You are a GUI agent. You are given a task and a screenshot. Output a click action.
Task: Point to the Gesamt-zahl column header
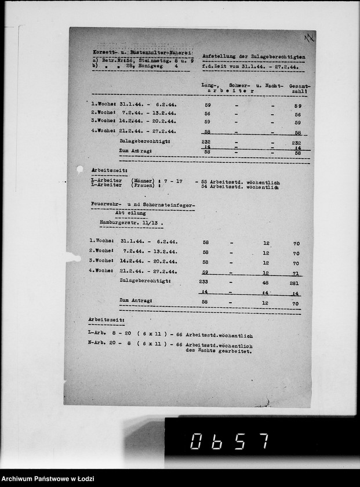299,89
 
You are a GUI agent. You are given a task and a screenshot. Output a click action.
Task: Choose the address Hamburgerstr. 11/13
127,223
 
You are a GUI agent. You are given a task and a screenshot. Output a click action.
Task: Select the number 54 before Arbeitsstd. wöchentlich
203,187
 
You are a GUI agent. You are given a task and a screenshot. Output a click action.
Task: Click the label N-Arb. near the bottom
97,345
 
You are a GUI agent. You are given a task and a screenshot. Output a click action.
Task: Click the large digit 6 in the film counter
220,441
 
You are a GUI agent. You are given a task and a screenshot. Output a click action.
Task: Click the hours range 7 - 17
174,181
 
